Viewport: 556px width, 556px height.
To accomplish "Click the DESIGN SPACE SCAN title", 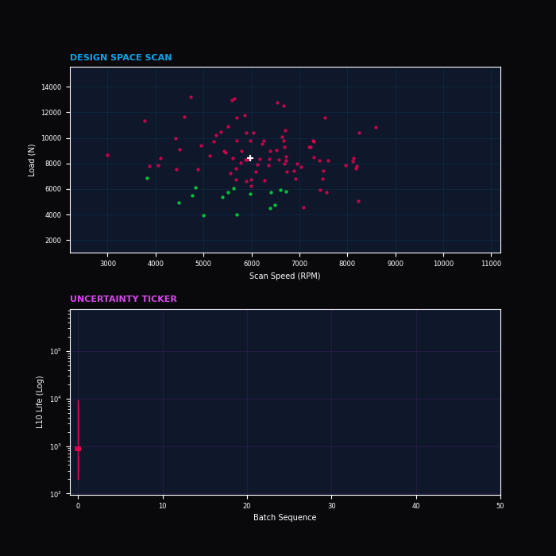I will (121, 58).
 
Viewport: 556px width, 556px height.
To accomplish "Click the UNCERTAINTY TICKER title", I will (123, 299).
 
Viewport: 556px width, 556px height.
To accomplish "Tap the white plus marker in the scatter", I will (250, 158).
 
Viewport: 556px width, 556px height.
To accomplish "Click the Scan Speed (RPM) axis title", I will (285, 276).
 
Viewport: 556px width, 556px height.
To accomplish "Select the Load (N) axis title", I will (33, 160).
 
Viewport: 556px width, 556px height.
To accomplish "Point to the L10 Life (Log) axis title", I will (41, 402).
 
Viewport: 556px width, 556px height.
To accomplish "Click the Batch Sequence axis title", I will (285, 518).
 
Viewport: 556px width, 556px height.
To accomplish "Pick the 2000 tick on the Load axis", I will (53, 241).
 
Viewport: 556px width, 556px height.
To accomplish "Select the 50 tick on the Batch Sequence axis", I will (500, 505).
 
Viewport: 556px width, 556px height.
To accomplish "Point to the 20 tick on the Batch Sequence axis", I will (247, 505).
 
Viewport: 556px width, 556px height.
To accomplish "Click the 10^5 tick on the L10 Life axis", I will (56, 352).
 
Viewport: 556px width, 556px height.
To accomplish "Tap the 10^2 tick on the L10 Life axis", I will (56, 495).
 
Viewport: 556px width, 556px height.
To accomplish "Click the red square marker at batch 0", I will (78, 449).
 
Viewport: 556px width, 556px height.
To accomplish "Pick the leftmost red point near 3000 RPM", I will (108, 156).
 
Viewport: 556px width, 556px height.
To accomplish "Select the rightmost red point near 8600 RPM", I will (376, 128).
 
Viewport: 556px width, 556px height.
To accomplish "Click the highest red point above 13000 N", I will (191, 98).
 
